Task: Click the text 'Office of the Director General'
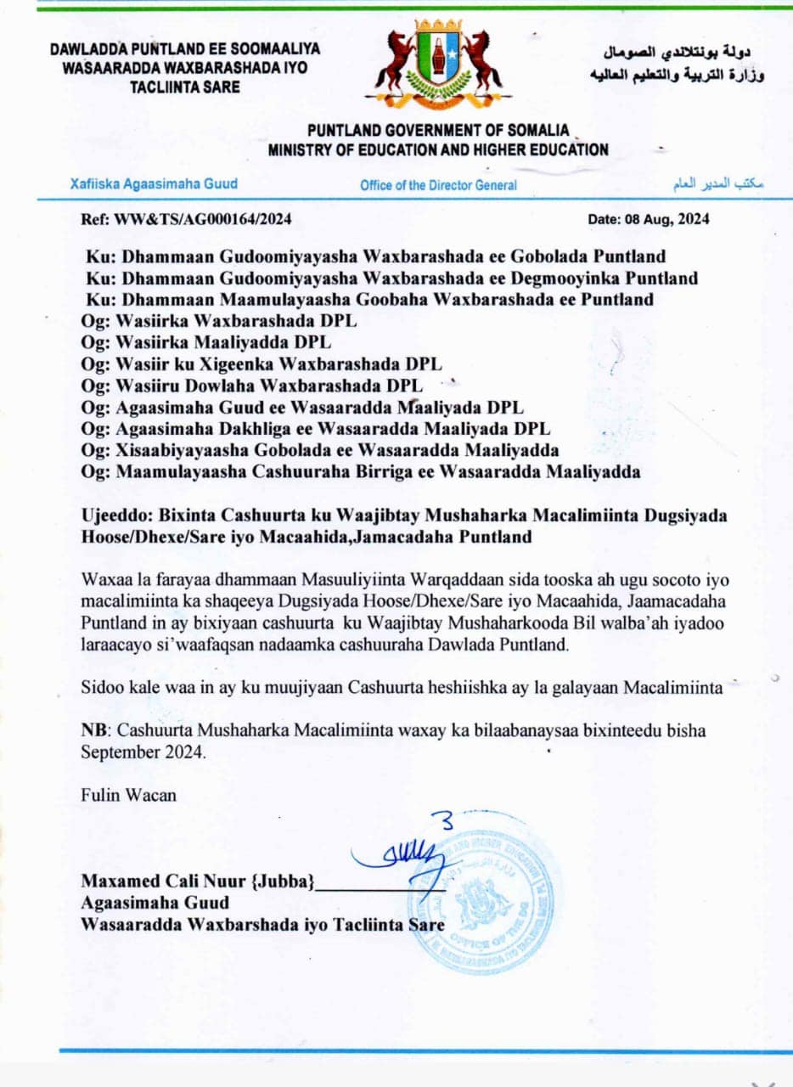point(437,185)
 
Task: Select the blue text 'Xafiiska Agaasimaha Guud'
point(154,183)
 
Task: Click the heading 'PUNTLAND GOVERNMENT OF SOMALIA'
point(438,131)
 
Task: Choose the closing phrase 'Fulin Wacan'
point(129,795)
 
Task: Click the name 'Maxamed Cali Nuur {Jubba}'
point(198,882)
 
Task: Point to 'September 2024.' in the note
point(143,752)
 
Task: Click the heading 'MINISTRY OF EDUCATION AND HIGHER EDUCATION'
point(438,150)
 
